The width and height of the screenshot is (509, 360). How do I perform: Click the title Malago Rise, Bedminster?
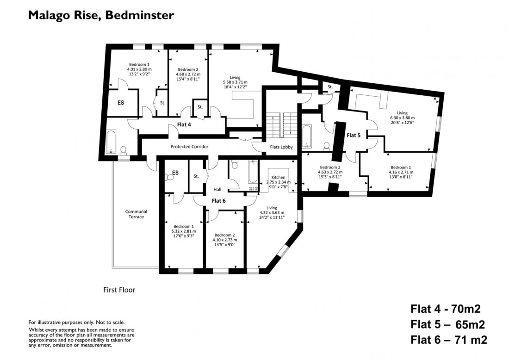click(x=101, y=16)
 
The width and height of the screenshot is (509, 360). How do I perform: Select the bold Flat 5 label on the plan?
click(x=354, y=135)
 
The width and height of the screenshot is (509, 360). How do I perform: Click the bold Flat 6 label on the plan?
click(x=218, y=201)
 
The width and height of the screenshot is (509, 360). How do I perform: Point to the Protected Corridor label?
click(x=189, y=147)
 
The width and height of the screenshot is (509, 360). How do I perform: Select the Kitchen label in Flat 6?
click(x=278, y=178)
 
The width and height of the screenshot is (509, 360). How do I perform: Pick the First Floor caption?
click(x=119, y=291)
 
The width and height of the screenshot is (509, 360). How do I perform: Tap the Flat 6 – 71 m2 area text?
click(x=448, y=340)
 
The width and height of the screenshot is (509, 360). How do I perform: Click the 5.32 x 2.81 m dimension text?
click(x=184, y=231)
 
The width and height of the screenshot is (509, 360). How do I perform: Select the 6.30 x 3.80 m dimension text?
click(x=402, y=118)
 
